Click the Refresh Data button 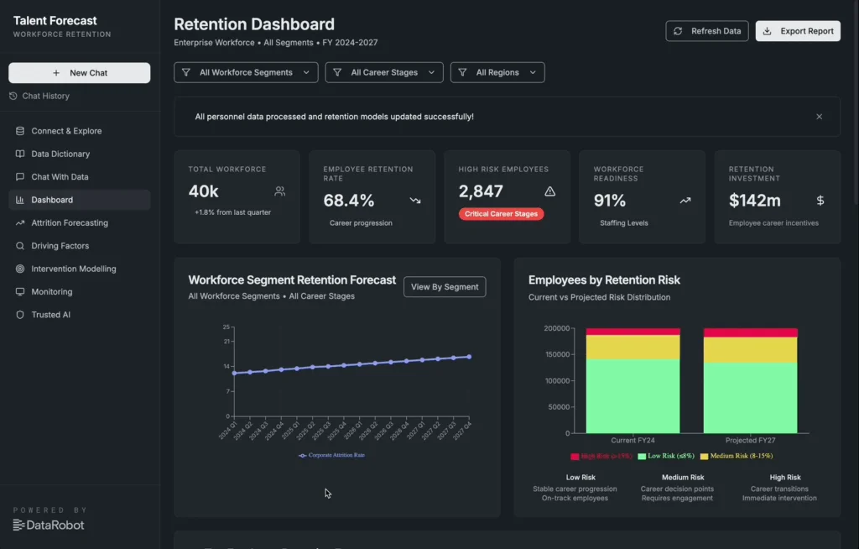pyautogui.click(x=707, y=31)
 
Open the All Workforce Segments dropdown pyautogui.click(x=246, y=72)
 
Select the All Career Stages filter pyautogui.click(x=384, y=72)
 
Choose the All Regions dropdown pyautogui.click(x=497, y=72)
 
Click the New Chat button pyautogui.click(x=80, y=73)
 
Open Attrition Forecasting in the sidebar pyautogui.click(x=70, y=223)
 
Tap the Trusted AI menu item pyautogui.click(x=50, y=315)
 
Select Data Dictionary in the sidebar pyautogui.click(x=60, y=154)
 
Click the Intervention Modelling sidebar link pyautogui.click(x=74, y=269)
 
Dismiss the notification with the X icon pyautogui.click(x=820, y=117)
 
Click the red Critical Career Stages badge pyautogui.click(x=502, y=214)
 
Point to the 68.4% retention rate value pyautogui.click(x=349, y=201)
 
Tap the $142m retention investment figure pyautogui.click(x=755, y=201)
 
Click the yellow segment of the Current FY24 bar pyautogui.click(x=621, y=347)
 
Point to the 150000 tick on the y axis pyautogui.click(x=557, y=354)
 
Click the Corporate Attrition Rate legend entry pyautogui.click(x=332, y=455)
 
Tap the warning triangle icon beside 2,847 pyautogui.click(x=550, y=191)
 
